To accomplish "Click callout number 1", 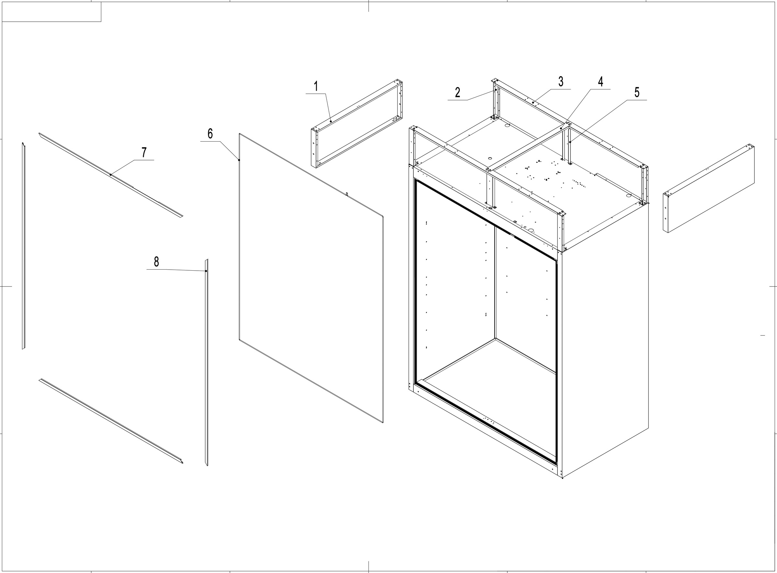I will pyautogui.click(x=316, y=86).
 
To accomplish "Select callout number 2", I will pyautogui.click(x=457, y=93).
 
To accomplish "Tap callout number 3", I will pyautogui.click(x=560, y=82).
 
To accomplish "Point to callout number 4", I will pyautogui.click(x=600, y=82).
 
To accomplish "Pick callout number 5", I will pyautogui.click(x=637, y=93).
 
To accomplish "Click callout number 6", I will pyautogui.click(x=210, y=134).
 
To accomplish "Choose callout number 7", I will pyautogui.click(x=144, y=152).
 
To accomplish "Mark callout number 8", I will pyautogui.click(x=156, y=262).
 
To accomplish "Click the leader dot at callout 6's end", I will pyautogui.click(x=239, y=160).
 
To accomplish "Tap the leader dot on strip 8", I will pyautogui.click(x=206, y=271).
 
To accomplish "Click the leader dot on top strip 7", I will pyautogui.click(x=110, y=174).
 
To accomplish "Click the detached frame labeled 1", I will pyautogui.click(x=357, y=124).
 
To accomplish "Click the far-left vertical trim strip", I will pyautogui.click(x=24, y=246).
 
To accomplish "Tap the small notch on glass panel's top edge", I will pyautogui.click(x=346, y=194).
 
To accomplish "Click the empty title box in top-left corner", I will pyautogui.click(x=51, y=12).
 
